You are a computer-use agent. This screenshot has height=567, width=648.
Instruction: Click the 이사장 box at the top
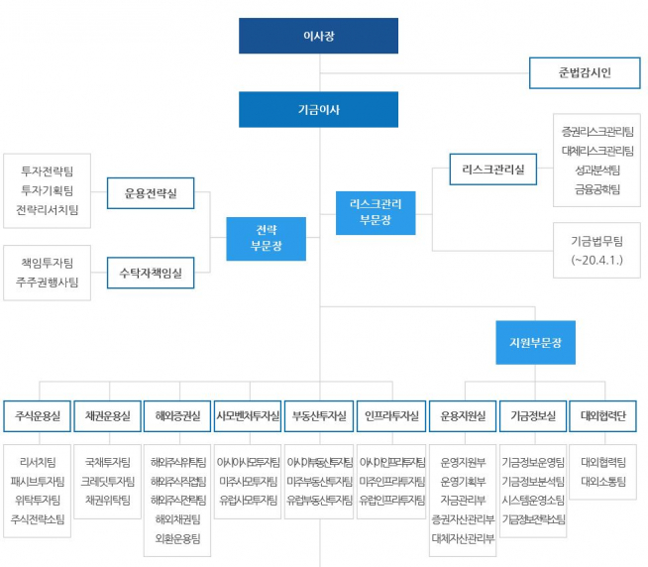pos(318,36)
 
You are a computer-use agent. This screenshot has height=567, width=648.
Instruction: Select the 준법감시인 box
pos(585,72)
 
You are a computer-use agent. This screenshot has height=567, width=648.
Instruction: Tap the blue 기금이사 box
pos(318,109)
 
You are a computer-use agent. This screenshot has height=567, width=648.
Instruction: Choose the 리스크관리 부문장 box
pos(376,210)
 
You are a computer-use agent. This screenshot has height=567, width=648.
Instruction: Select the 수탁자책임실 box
pos(151,272)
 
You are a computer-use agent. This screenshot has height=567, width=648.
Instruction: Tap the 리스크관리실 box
pos(492,170)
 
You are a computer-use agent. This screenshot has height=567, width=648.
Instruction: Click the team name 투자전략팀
pos(48,171)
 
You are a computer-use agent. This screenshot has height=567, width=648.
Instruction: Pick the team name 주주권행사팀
pos(48,282)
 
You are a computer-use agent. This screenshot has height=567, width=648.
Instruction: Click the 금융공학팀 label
pos(597,188)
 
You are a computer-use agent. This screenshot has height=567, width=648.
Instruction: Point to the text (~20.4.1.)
pos(597,260)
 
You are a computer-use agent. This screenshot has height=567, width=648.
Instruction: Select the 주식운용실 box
pos(38,415)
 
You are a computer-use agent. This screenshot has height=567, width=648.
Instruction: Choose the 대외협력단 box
pos(602,415)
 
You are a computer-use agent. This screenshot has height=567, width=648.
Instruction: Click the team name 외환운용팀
pos(177,538)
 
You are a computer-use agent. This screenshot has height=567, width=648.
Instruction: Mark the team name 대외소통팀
pos(602,481)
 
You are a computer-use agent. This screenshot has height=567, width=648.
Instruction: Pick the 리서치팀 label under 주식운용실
pos(38,462)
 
